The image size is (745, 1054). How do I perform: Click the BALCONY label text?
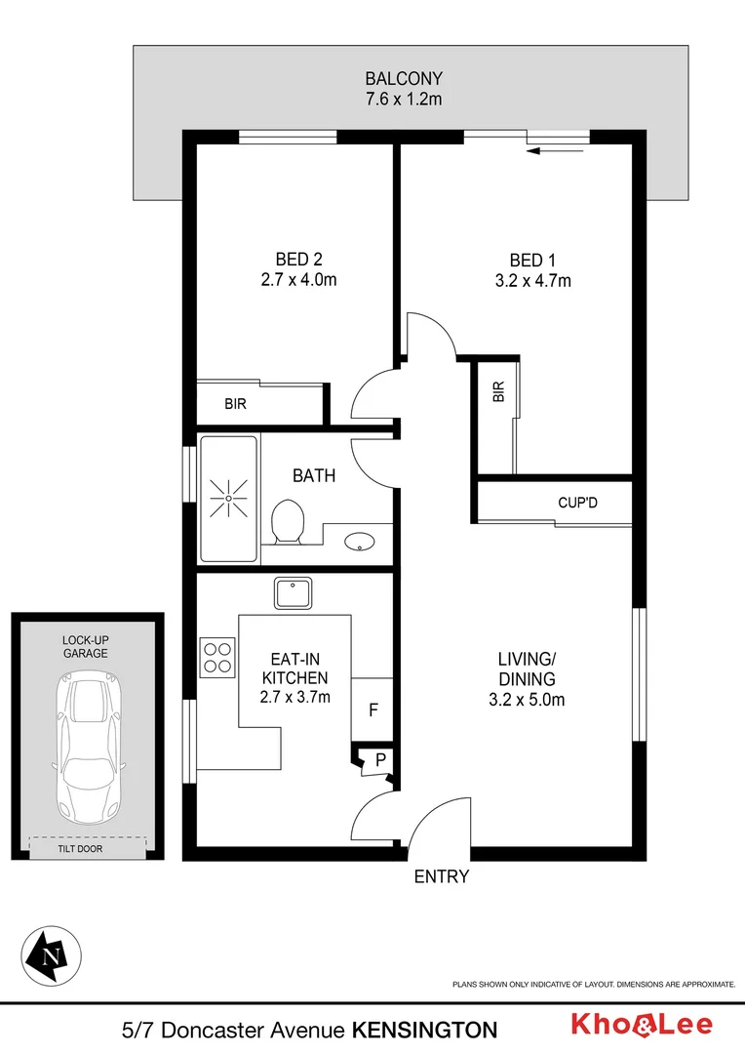click(x=403, y=78)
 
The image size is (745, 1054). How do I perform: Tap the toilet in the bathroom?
click(x=288, y=522)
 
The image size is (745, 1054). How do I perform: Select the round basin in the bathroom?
click(x=359, y=542)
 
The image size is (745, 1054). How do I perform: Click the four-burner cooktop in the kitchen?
click(x=216, y=656)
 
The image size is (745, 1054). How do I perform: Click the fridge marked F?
click(x=372, y=709)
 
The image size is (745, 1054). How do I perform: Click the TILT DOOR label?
click(x=80, y=849)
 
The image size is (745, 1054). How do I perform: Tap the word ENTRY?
click(x=442, y=876)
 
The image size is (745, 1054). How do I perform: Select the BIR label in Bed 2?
click(x=235, y=404)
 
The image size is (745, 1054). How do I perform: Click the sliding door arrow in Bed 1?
click(x=555, y=150)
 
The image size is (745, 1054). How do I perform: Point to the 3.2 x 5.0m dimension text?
click(x=527, y=700)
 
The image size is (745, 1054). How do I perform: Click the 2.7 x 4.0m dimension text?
click(x=298, y=280)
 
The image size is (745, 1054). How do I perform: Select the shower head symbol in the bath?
click(x=228, y=498)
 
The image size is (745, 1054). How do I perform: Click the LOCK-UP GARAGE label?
click(x=86, y=646)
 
